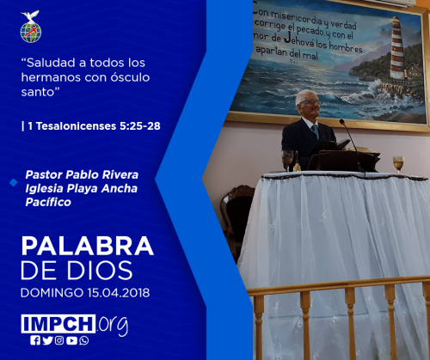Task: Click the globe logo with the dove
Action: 31,27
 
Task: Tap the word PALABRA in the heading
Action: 88,246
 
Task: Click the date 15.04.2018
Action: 119,293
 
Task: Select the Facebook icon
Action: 35,340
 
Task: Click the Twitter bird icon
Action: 47,340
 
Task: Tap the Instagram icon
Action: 59,340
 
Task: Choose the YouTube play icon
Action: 71,340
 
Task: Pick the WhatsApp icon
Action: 84,340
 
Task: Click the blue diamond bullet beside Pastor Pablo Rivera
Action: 14,182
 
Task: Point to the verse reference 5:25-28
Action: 140,126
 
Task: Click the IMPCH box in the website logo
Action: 58,324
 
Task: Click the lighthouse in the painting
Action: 397,48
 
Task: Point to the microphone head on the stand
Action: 342,122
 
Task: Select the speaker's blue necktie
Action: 316,131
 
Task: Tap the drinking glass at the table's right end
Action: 398,164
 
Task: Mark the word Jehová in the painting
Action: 299,41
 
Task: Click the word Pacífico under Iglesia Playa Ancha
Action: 48,202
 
